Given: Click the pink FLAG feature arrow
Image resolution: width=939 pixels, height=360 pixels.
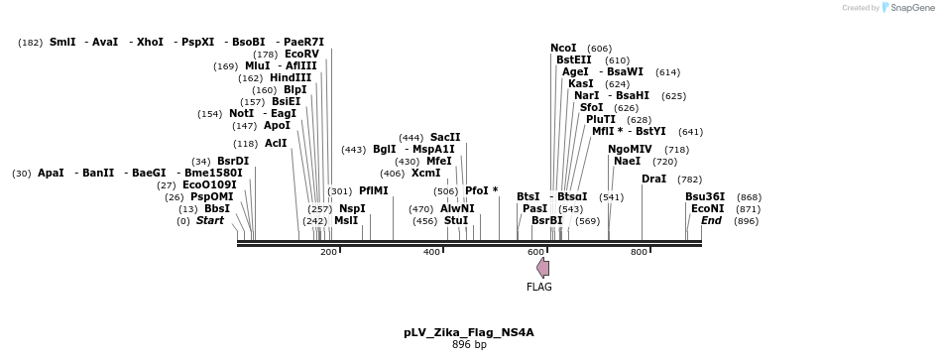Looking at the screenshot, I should click(542, 268).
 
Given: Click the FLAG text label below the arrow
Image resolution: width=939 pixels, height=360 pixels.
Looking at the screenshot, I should click(539, 288).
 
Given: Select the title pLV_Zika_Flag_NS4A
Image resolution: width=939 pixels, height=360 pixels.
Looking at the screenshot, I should click(469, 332).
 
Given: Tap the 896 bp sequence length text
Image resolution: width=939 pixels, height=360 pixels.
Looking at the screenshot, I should click(469, 345).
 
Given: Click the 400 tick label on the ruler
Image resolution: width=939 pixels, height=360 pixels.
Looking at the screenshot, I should click(431, 253).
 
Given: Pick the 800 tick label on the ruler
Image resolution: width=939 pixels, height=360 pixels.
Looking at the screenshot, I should click(639, 253).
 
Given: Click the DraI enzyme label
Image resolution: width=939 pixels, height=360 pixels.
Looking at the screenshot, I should click(653, 180).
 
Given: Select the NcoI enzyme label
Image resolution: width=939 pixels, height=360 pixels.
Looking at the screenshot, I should click(563, 48).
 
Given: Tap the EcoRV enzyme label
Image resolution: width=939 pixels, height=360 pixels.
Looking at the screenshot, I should click(301, 54).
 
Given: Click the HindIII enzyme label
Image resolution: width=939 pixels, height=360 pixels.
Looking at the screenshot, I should click(290, 77).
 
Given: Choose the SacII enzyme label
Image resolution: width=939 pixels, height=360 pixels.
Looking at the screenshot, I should click(444, 137).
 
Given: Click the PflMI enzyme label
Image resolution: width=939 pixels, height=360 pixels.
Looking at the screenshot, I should click(374, 190).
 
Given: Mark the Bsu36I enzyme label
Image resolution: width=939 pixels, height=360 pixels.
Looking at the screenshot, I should click(705, 196).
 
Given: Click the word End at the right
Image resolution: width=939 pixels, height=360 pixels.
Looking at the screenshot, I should click(711, 220).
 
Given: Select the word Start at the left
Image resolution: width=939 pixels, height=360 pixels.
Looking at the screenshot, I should click(209, 220).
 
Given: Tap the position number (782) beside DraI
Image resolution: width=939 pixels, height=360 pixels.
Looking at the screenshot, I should click(689, 180).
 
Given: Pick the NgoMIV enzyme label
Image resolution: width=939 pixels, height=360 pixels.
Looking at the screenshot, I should click(631, 149).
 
